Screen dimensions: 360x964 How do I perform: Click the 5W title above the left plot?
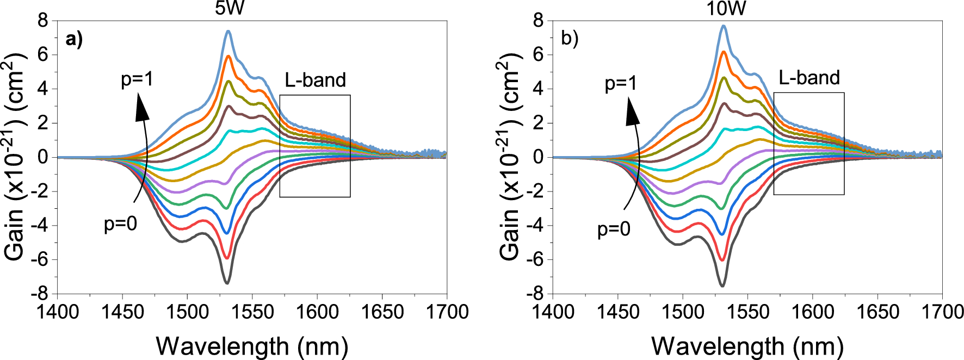click(230, 8)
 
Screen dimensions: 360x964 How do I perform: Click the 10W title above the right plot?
click(726, 8)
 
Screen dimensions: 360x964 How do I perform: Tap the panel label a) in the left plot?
click(74, 39)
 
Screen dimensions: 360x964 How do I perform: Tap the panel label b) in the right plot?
click(570, 39)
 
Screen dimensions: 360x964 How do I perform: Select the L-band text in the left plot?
click(316, 80)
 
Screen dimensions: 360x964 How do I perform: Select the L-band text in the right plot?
click(809, 78)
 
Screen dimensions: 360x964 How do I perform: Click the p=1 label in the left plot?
click(137, 79)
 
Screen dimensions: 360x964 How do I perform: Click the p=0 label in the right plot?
click(614, 229)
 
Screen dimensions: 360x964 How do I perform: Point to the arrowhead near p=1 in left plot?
click(141, 106)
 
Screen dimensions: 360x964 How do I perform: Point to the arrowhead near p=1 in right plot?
click(632, 111)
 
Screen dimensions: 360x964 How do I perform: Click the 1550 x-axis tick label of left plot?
click(252, 312)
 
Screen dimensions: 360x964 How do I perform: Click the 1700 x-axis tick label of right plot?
click(942, 312)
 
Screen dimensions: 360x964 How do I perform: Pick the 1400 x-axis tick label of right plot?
click(553, 312)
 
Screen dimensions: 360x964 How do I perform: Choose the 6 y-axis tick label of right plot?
click(539, 54)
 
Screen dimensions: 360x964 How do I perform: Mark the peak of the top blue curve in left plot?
click(228, 32)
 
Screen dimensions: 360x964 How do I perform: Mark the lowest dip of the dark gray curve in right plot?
click(722, 285)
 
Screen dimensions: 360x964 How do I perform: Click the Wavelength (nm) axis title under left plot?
click(252, 346)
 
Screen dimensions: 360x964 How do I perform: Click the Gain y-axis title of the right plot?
click(509, 158)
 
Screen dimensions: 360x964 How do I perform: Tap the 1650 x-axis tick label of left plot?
click(382, 312)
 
